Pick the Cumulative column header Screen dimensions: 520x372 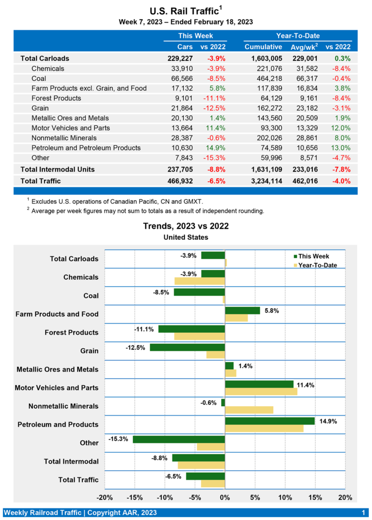point(263,47)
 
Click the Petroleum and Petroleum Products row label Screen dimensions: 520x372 point(86,148)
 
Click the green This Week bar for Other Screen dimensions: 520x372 point(179,439)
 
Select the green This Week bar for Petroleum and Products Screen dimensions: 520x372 point(269,421)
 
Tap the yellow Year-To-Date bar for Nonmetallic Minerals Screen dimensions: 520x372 point(249,410)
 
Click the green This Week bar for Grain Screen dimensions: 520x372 point(187,347)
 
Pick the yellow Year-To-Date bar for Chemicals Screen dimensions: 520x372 point(199,281)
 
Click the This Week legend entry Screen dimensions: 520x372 point(312,256)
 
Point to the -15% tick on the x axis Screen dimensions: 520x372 point(134,497)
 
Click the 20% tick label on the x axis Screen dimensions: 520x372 point(345,497)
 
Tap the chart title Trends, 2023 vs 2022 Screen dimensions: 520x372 point(186,226)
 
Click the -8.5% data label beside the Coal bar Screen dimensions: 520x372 point(161,292)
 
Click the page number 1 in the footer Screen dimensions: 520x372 point(363,512)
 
